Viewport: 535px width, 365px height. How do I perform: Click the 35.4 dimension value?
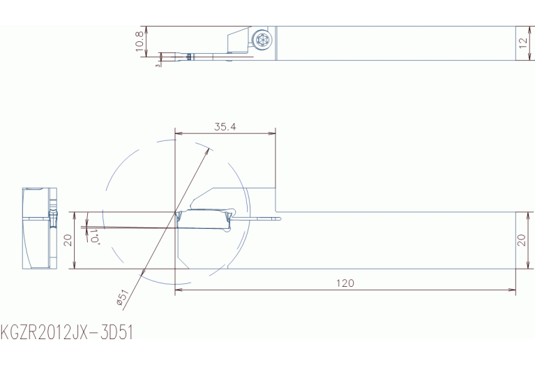coord(225,127)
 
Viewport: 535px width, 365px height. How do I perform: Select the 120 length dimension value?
coord(345,283)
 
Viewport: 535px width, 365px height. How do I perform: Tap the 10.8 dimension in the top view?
coord(140,41)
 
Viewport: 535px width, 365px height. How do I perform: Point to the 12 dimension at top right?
coord(522,43)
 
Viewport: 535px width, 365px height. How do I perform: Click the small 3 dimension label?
coord(158,65)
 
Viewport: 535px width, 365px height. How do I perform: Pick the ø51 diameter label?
coord(122,297)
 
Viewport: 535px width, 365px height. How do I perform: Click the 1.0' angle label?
coord(95,237)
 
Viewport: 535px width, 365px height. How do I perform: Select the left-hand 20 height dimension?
coord(68,240)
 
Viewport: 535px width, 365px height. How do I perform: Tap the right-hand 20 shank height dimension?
coord(521,240)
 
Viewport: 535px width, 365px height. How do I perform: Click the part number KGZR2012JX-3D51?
coord(67,333)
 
